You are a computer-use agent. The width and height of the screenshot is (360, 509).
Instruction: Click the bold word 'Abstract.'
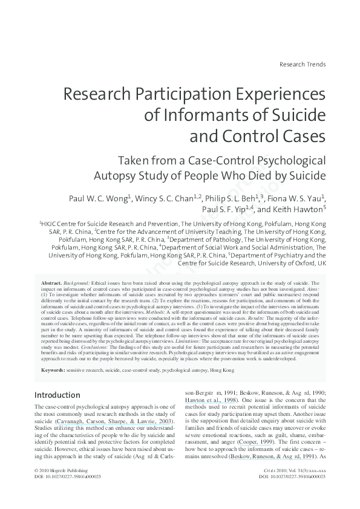coord(51,283)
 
